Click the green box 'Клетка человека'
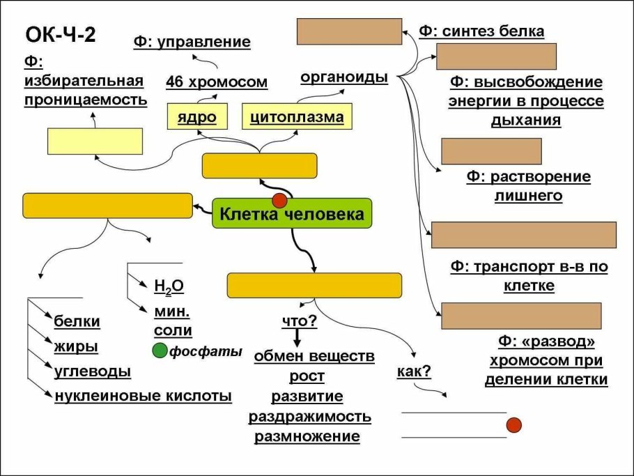292,214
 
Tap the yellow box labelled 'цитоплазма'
297,116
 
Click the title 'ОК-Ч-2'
60,36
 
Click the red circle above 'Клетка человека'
279,201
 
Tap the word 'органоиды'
344,77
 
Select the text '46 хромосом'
217,82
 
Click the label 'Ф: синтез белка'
481,31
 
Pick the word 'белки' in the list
77,321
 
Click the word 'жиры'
76,346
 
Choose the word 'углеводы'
93,371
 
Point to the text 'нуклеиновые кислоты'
143,397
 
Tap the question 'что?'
299,321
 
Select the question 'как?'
414,371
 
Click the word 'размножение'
307,437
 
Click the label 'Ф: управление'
192,42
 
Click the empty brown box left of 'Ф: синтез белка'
350,31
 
